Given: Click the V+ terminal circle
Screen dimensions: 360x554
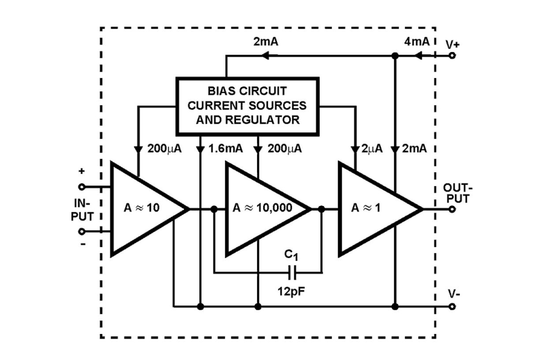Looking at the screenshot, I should pos(451,56).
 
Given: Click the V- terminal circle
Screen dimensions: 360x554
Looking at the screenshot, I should pos(451,306).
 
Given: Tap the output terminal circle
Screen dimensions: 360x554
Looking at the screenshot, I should pos(451,209).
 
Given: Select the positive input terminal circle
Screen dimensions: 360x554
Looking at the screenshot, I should pos(82,187).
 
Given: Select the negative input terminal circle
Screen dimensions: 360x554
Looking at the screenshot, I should pos(82,231).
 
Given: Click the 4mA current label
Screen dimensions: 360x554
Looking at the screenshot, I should pos(416,42).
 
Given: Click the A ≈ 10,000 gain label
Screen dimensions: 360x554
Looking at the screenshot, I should pos(262,208).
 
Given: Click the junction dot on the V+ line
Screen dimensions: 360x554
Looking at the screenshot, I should pos(395,56).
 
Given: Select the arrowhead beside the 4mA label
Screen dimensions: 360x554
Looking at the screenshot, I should pos(419,56).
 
